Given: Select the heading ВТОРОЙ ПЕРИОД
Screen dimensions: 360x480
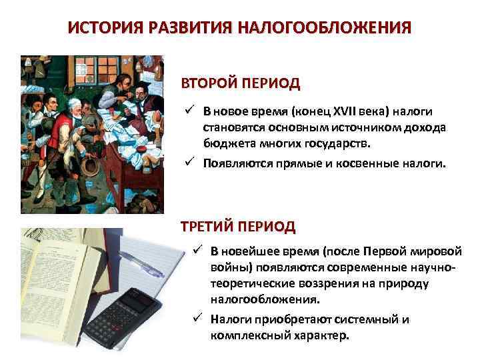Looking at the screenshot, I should (x=241, y=85).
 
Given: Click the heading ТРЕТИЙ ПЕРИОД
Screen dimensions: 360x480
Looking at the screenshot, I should (x=238, y=226).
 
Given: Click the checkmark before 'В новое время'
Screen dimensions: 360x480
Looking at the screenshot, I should (x=191, y=111).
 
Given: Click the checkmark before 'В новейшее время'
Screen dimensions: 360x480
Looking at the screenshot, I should (x=197, y=251).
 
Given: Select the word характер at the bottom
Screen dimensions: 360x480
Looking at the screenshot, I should (x=321, y=335).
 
